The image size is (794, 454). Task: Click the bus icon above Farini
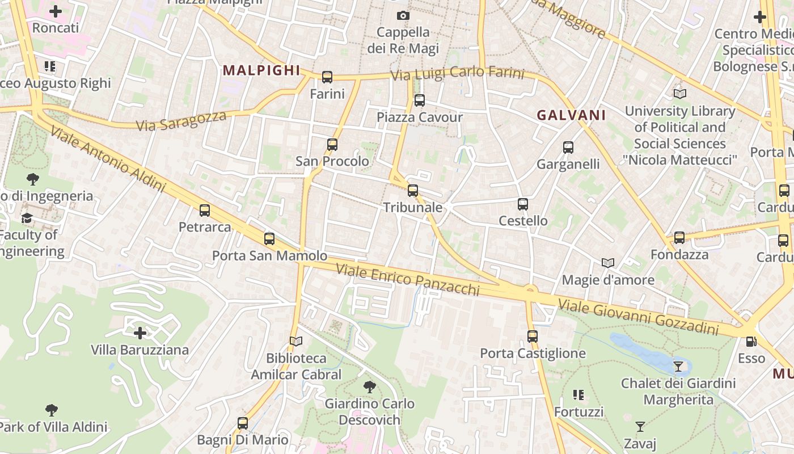coord(327,77)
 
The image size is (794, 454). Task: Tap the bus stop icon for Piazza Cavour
coord(419,100)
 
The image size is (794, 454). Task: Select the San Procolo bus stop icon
coord(332,145)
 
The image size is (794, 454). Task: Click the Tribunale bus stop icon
coord(413,191)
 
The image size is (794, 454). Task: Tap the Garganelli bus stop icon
coord(568,148)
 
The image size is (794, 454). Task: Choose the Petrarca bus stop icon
coord(205,211)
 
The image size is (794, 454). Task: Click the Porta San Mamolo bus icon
coord(269,239)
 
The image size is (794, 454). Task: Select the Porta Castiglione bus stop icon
coord(532,337)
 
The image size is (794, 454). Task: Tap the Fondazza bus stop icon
coord(679,238)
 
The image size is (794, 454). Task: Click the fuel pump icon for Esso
coord(751,342)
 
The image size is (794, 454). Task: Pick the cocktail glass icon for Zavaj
coord(640,427)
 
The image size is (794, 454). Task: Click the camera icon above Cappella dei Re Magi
coord(403,15)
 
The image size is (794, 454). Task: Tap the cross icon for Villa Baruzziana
coord(140,333)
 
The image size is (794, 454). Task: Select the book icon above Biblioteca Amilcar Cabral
coord(296,341)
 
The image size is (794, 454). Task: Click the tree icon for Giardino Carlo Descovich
coord(370,387)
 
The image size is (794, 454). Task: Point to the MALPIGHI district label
coord(261,70)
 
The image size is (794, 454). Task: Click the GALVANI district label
coord(571,115)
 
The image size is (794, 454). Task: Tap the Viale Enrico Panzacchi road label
coord(408,279)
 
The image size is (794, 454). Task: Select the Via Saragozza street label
coord(181,120)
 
